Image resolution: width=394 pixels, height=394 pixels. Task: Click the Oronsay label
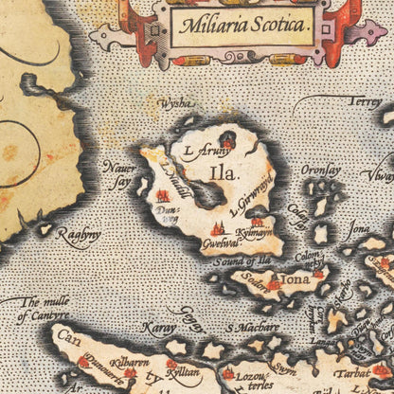(321, 171)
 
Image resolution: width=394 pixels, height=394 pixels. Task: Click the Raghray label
(78, 237)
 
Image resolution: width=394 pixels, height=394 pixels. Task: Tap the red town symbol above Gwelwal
(217, 227)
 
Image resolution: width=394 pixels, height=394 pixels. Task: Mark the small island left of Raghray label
(45, 228)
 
